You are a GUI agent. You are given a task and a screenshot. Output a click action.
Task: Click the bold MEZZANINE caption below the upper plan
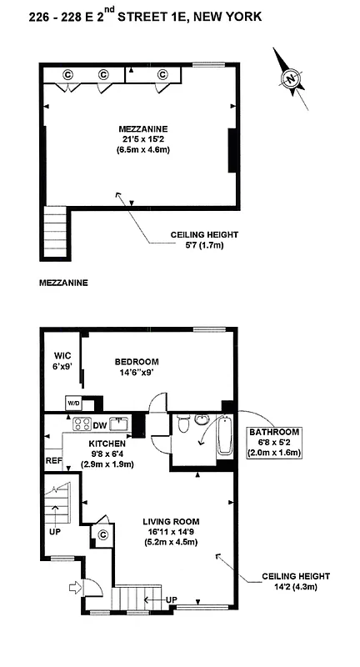pos(63,283)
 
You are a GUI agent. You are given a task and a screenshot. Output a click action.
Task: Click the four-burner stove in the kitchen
pos(82,424)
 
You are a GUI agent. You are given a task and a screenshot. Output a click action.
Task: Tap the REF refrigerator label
pos(52,459)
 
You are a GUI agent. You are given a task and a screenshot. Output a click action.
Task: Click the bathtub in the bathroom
pos(223,434)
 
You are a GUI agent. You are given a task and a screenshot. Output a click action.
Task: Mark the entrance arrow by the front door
pos(77,587)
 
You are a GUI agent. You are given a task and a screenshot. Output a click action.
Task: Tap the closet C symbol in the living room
pos(104,534)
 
